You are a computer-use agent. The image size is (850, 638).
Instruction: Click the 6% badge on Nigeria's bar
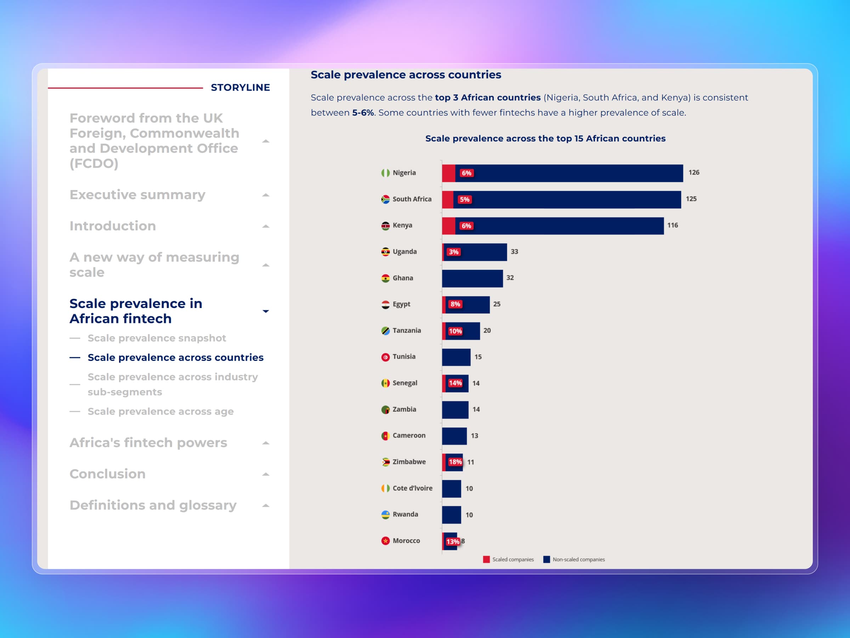point(466,173)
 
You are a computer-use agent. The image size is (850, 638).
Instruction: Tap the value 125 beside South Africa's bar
point(691,199)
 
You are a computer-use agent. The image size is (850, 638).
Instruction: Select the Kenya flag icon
point(385,226)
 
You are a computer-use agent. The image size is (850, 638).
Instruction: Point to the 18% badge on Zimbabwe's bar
point(455,462)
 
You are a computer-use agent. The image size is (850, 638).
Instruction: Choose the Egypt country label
point(401,304)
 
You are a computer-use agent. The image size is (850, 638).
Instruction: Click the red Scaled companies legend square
point(487,560)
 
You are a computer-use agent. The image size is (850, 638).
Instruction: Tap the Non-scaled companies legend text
point(578,560)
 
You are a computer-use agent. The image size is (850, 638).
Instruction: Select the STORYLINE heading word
point(240,88)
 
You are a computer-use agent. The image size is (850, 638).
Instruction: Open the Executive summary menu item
point(137,195)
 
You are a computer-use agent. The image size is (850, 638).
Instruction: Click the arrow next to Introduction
point(266,226)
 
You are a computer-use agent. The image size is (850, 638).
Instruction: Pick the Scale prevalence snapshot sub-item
point(157,338)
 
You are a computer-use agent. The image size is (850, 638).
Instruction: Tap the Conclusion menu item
point(107,474)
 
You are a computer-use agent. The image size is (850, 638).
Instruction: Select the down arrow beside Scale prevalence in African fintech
point(266,311)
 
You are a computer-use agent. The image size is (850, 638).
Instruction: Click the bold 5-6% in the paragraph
point(363,113)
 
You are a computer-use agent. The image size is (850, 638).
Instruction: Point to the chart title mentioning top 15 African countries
point(545,139)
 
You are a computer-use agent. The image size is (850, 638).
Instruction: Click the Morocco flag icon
point(385,541)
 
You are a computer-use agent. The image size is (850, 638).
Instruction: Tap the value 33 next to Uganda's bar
point(514,252)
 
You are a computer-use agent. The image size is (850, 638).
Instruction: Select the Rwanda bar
point(451,515)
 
